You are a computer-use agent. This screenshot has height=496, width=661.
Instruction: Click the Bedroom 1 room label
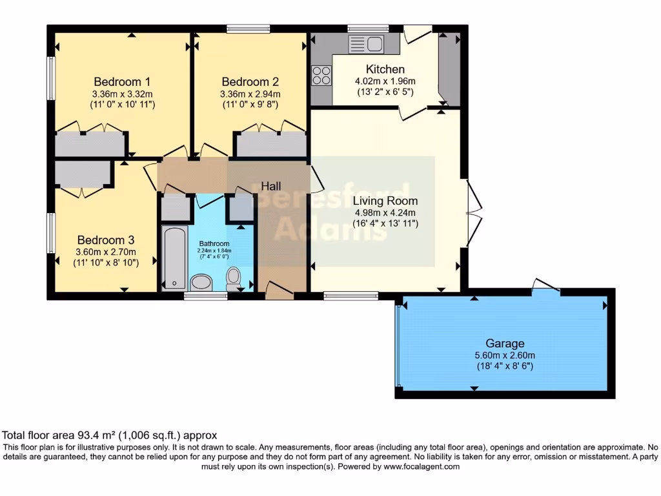122,82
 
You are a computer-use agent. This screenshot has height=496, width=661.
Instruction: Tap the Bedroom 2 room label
250,82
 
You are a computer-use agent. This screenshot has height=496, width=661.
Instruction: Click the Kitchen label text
385,69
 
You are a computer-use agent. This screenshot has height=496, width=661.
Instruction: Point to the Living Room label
385,201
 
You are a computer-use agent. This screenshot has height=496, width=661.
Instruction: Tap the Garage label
505,344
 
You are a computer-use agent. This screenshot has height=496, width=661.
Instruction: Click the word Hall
270,186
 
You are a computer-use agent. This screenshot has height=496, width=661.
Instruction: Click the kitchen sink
366,45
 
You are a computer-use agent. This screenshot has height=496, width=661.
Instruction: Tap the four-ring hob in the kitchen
321,76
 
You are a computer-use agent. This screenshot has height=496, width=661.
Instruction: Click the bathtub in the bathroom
172,257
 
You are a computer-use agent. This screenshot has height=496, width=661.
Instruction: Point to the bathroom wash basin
202,282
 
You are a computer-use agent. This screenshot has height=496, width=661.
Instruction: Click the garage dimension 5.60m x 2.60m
505,355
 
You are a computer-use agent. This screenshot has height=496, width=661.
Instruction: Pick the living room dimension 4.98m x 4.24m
385,212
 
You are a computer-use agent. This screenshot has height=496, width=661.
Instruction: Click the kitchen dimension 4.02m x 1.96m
385,81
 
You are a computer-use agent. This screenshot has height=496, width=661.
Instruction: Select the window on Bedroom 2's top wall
249,28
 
